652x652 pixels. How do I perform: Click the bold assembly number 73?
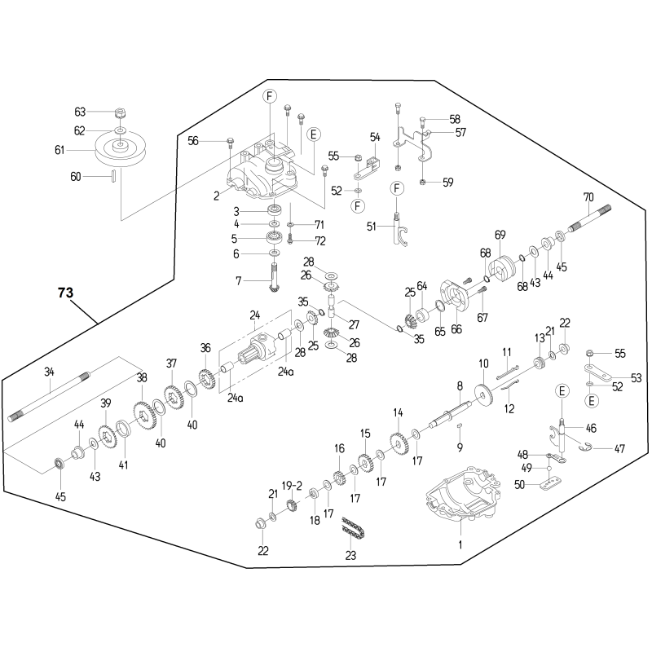66,293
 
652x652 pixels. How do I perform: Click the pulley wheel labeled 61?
120,149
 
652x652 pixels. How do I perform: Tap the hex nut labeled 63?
120,112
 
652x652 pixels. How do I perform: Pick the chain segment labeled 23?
353,528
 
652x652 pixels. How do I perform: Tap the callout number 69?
500,235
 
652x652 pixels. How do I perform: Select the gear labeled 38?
145,415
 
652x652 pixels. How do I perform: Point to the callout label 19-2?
292,486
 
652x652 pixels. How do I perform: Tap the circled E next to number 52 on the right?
592,401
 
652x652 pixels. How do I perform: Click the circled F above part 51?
397,188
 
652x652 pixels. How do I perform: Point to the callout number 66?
456,329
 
